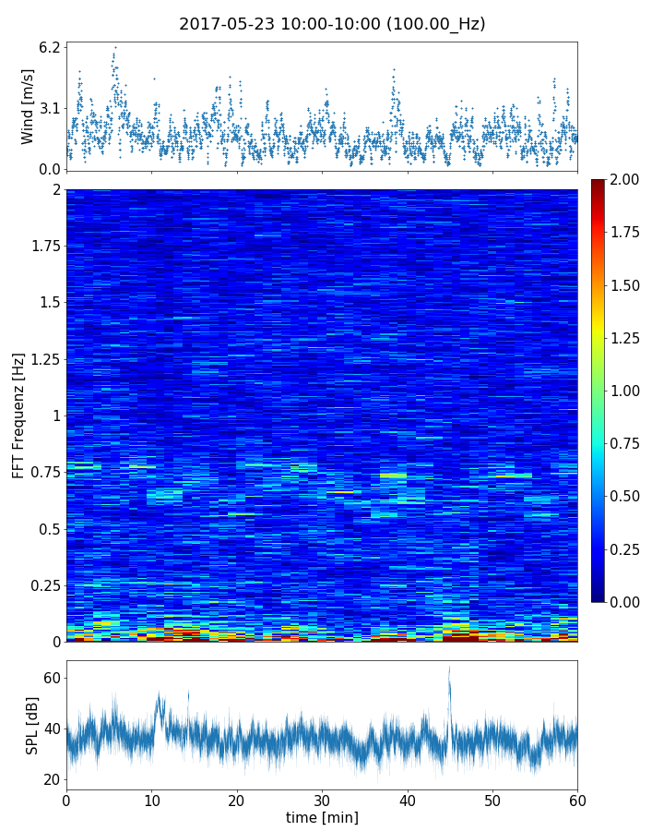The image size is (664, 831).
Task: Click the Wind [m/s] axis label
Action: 28,106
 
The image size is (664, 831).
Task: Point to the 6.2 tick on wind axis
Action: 50,46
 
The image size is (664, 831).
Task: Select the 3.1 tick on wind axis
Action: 50,108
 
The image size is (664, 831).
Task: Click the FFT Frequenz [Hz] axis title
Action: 18,415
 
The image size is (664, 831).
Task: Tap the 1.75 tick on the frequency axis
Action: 43,247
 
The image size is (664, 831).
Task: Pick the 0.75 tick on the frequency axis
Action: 43,473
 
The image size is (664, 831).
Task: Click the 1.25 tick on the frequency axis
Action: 43,359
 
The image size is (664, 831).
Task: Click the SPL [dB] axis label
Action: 33,725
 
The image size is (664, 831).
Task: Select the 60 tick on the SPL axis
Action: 52,679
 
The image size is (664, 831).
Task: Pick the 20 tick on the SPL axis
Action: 52,779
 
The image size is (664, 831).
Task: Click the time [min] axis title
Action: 322,817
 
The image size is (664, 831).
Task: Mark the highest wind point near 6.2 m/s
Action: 115,46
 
